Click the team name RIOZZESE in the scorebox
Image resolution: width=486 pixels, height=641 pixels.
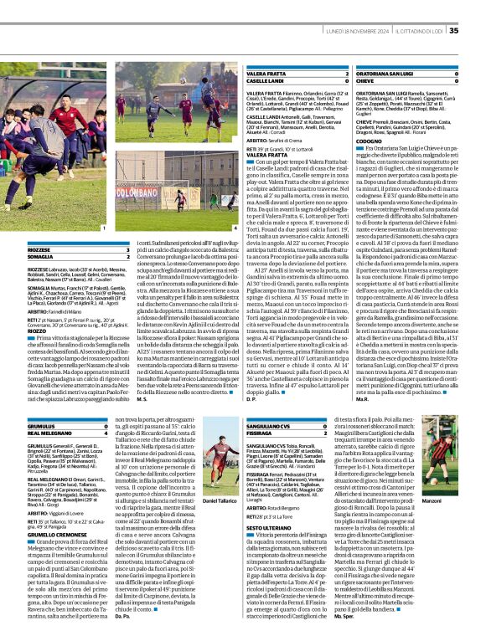coord(17,250)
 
